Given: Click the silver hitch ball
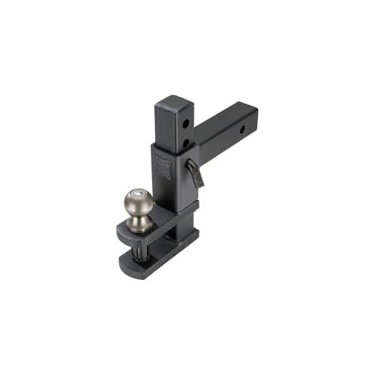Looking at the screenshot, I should click(x=139, y=202).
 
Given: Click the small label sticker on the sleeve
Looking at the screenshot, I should click(x=163, y=167).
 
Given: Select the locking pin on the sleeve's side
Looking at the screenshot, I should click(x=194, y=171).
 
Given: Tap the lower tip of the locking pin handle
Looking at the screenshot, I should click(x=199, y=183).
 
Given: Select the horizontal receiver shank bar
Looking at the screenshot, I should click(x=225, y=131).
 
